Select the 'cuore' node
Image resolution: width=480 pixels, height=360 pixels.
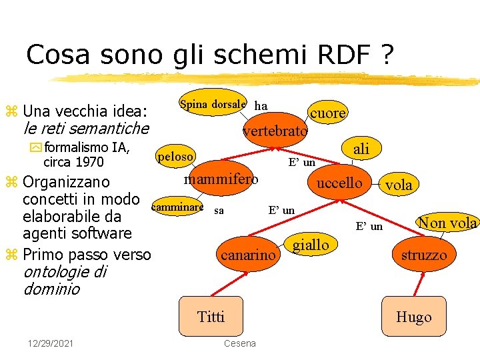pyautogui.click(x=328, y=113)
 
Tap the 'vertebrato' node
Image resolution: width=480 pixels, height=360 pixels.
pyautogui.click(x=275, y=131)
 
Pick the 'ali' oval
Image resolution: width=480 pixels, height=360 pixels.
pyautogui.click(x=361, y=149)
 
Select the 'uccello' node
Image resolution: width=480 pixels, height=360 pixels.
pyautogui.click(x=339, y=183)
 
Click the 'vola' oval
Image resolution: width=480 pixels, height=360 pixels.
pyautogui.click(x=399, y=185)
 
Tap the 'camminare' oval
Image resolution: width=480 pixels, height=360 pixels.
pyautogui.click(x=177, y=207)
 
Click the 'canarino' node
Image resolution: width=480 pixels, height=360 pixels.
pyautogui.click(x=247, y=255)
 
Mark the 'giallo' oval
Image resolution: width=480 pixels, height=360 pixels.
pyautogui.click(x=311, y=245)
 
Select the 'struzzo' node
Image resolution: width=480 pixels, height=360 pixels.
pyautogui.click(x=424, y=255)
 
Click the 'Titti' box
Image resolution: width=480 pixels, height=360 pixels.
pyautogui.click(x=211, y=317)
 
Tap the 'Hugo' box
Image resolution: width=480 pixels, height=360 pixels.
pyautogui.click(x=413, y=317)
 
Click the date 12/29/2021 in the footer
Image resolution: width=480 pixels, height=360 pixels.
pyautogui.click(x=51, y=343)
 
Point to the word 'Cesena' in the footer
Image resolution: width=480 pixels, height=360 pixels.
pyautogui.click(x=239, y=343)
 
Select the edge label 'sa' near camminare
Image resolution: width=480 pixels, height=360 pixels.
pyautogui.click(x=219, y=211)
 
